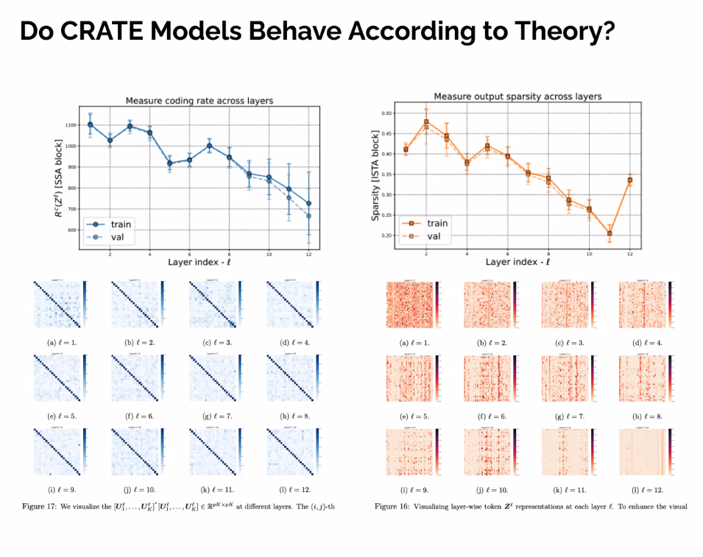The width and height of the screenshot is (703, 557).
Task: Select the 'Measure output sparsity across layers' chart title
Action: click(517, 96)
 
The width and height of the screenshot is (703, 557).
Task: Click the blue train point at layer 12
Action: click(308, 203)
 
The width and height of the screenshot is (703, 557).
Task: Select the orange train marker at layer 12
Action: click(629, 180)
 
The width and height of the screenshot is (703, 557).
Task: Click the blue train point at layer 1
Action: click(90, 124)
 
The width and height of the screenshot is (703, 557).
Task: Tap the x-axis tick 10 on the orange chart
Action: click(589, 253)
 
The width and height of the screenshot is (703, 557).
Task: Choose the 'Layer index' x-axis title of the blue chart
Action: click(198, 262)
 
